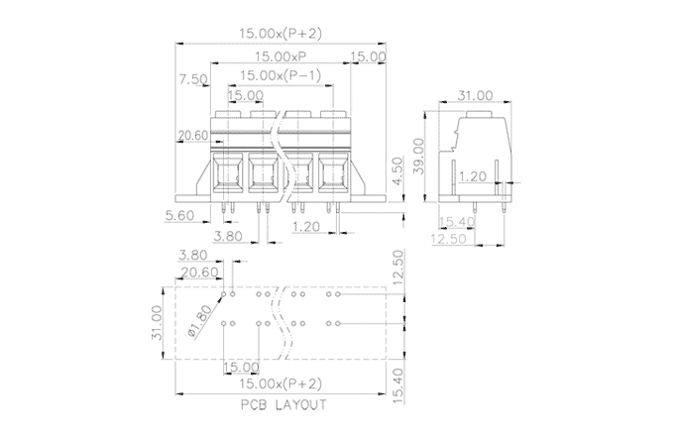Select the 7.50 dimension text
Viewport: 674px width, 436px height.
pyautogui.click(x=192, y=79)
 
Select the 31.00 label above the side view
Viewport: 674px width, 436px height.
pyautogui.click(x=476, y=95)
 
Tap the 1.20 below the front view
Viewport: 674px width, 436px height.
pyautogui.click(x=309, y=227)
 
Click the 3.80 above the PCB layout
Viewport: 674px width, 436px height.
pyautogui.click(x=195, y=256)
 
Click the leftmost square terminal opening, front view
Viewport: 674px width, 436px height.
pyautogui.click(x=229, y=176)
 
